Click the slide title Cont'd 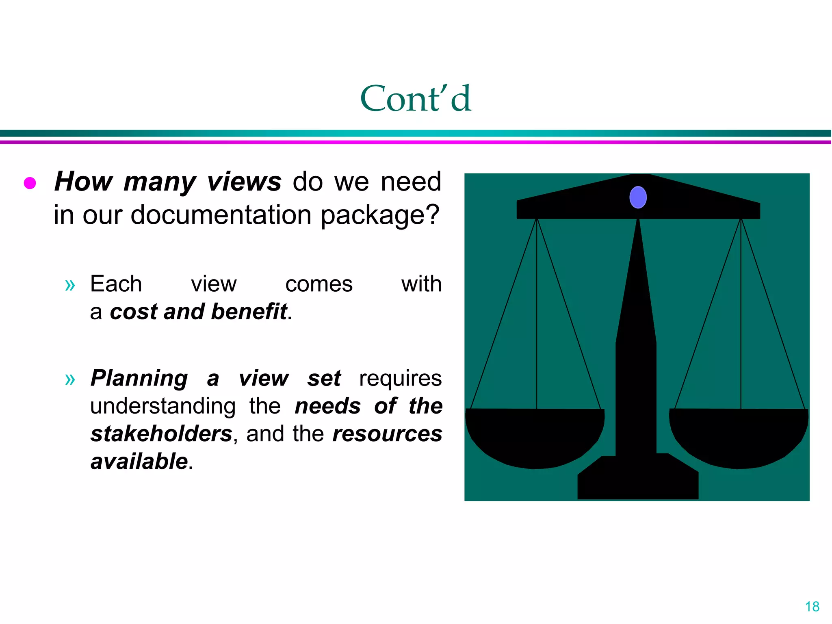point(416,98)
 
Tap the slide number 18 point(812,607)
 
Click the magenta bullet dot point(30,183)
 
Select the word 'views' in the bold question point(244,181)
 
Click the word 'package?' point(380,215)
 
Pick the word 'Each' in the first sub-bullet point(116,284)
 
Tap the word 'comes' point(318,284)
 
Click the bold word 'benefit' point(249,312)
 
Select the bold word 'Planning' point(139,379)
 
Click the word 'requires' point(400,379)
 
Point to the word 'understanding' point(162,406)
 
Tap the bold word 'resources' point(387,434)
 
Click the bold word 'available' point(139,461)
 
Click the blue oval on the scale point(638,197)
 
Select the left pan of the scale point(535,437)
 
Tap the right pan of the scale point(739,437)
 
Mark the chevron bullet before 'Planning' point(70,379)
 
